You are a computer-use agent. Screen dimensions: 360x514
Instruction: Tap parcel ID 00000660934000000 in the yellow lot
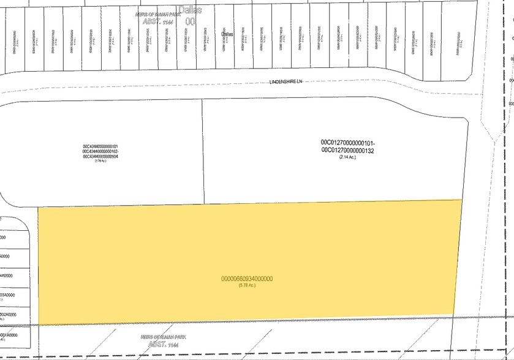247,279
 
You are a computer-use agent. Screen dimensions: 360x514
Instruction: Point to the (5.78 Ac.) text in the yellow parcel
247,285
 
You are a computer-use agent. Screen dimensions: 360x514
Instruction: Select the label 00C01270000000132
347,149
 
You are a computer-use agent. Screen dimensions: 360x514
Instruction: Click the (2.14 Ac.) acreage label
347,157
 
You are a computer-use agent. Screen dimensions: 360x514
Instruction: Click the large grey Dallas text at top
189,10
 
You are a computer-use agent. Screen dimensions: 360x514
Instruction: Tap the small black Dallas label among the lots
227,34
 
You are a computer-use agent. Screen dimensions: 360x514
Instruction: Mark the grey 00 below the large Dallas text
191,21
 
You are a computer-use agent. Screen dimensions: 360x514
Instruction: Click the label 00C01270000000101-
347,142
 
